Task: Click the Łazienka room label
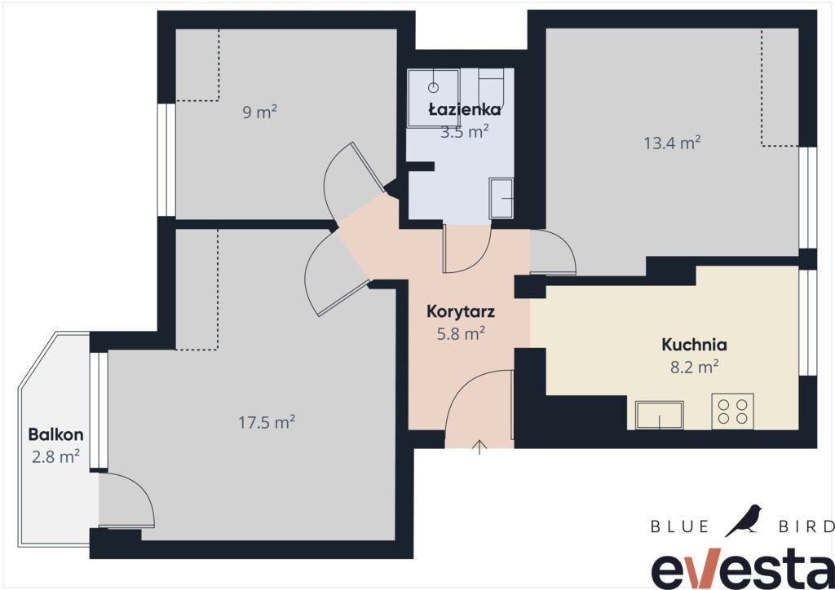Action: click(464, 109)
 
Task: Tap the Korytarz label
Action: click(461, 311)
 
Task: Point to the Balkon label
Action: click(56, 434)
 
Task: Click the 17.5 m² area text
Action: click(267, 422)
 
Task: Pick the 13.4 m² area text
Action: click(672, 143)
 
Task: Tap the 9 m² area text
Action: click(260, 112)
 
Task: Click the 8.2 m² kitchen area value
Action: click(695, 367)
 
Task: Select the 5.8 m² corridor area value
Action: click(461, 333)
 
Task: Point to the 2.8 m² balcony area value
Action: click(56, 456)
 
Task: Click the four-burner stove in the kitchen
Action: click(733, 412)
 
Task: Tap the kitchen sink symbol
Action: click(659, 415)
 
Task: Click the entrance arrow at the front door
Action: click(479, 447)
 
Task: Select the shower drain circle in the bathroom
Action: click(434, 86)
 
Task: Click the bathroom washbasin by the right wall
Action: click(501, 199)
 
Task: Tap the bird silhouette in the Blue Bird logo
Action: click(744, 520)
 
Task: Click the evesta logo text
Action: click(743, 568)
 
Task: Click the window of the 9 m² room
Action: click(166, 160)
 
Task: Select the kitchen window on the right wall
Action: click(808, 323)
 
